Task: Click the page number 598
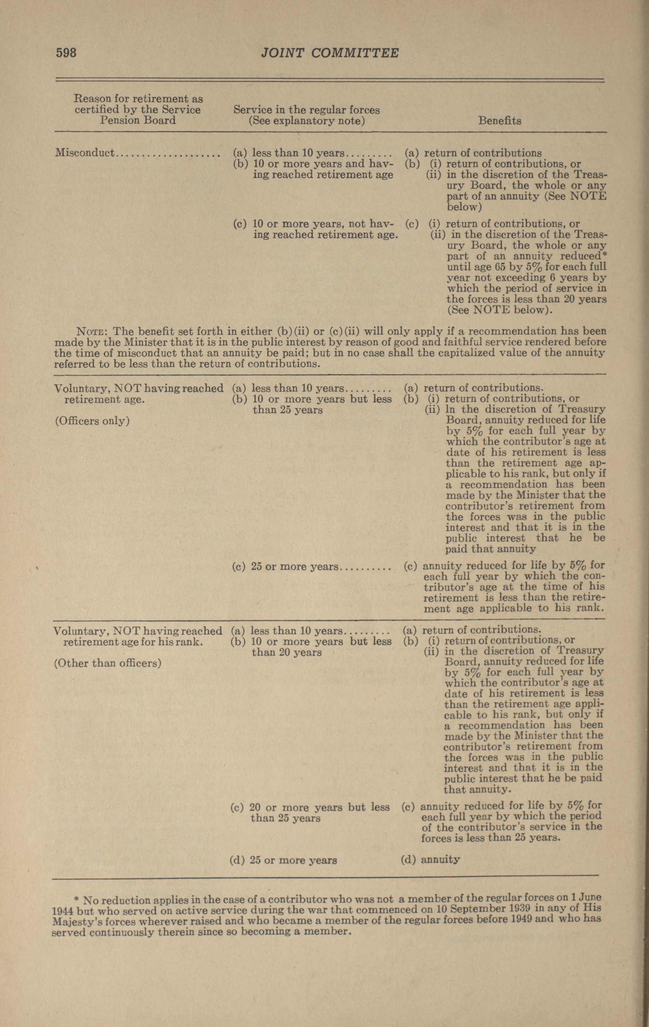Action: [x=66, y=53]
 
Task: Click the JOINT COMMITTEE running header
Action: [x=330, y=53]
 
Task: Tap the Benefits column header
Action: [x=499, y=121]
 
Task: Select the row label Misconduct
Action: [x=85, y=153]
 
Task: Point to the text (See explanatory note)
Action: [x=307, y=121]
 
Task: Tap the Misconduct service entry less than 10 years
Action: [x=299, y=153]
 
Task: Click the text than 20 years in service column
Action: [x=286, y=653]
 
